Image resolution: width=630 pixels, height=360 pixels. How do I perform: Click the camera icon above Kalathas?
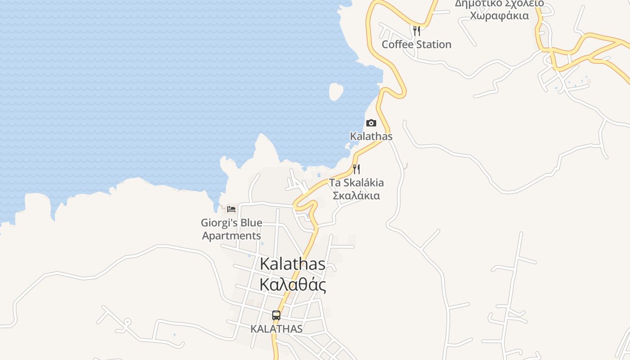371,123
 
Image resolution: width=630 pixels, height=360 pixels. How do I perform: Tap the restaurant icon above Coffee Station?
417,31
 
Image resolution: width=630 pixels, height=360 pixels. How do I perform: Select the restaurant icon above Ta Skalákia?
356,169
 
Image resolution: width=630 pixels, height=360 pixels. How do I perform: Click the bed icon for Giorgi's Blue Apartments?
231,209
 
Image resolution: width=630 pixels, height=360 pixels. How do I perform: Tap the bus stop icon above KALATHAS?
276,315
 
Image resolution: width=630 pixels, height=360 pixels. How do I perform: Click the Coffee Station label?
416,45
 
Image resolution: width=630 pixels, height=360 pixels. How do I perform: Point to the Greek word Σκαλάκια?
356,196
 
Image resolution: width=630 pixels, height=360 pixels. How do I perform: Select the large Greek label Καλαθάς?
292,285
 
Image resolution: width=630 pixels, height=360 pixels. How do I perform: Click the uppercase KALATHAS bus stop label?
276,329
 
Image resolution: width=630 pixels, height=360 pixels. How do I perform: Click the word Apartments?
231,236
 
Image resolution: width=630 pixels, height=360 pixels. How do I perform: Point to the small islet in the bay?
336,91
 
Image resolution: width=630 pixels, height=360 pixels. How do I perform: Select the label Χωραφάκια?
499,16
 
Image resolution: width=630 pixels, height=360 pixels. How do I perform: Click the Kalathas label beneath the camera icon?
371,136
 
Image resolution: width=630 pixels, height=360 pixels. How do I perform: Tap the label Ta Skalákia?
356,183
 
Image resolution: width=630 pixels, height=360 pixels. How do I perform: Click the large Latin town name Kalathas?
292,264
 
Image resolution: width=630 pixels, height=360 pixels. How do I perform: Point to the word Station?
433,45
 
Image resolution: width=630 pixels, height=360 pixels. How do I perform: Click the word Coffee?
398,45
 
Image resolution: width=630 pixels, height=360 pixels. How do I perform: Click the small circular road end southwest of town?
127,322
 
